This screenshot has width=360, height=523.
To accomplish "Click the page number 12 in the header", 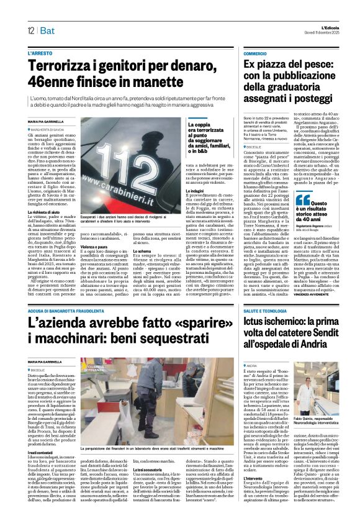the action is (x=30, y=30).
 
